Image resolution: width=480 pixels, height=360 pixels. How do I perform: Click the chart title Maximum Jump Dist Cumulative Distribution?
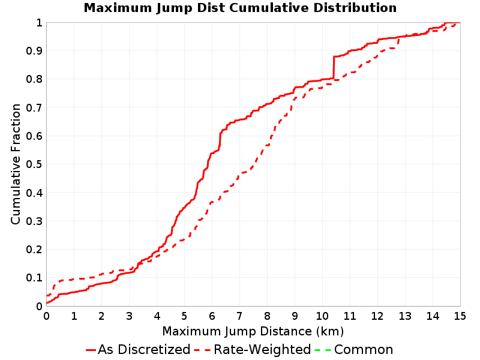(x=240, y=8)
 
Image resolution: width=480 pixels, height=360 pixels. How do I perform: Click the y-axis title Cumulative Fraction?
(x=16, y=164)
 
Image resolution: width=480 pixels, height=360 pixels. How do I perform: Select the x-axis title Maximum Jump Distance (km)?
(x=253, y=332)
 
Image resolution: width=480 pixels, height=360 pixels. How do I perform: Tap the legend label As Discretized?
(x=144, y=350)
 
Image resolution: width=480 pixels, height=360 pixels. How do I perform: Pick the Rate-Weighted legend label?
(x=262, y=350)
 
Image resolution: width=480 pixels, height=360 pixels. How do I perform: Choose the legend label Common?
(x=364, y=350)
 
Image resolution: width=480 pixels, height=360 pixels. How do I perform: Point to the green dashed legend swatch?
(x=323, y=350)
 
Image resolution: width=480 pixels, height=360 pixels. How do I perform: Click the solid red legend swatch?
(x=91, y=350)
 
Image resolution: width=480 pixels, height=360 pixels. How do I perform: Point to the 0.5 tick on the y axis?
(x=34, y=164)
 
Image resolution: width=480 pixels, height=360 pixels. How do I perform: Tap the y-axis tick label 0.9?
(x=34, y=51)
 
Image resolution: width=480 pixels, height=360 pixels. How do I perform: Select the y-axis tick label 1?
(x=39, y=23)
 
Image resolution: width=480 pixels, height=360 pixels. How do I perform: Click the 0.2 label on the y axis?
(x=34, y=250)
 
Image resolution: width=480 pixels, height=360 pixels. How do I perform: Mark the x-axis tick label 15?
(x=460, y=316)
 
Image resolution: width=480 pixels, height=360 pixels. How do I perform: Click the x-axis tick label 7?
(x=239, y=316)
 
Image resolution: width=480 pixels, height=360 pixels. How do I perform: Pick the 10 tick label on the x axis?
(x=322, y=316)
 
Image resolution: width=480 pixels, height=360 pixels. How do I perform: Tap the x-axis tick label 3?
(x=129, y=316)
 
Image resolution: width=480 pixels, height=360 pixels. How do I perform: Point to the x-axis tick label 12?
(x=377, y=316)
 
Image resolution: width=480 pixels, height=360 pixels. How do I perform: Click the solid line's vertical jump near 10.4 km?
(x=334, y=67)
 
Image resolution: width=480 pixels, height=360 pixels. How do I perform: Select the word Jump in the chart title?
(x=175, y=8)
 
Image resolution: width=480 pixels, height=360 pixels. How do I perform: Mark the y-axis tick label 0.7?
(x=34, y=108)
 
